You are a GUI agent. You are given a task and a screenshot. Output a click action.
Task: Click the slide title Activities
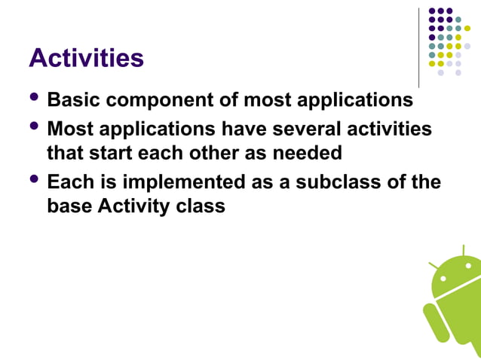click(x=86, y=58)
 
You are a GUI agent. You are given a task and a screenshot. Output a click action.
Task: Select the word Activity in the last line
click(x=132, y=206)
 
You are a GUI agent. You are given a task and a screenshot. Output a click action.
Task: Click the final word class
click(x=201, y=206)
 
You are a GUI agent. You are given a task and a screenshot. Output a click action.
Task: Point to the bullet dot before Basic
click(x=35, y=98)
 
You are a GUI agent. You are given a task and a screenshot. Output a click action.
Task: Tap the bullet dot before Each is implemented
click(x=35, y=180)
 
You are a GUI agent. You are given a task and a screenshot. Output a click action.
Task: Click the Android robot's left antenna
click(x=434, y=266)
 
